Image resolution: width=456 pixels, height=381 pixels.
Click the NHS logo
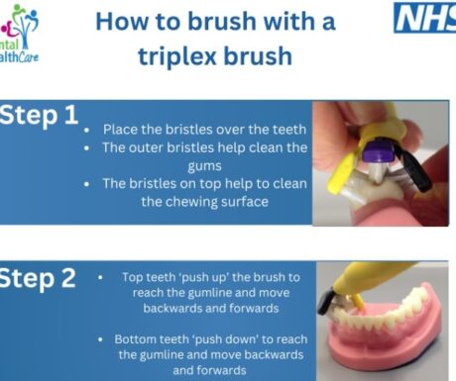[x=425, y=18]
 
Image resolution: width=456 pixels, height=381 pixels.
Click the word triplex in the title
[x=177, y=56]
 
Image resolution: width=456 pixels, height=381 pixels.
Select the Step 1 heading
[x=39, y=116]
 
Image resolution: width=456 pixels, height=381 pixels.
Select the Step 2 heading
[x=38, y=279]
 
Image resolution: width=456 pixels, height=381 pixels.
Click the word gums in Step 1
[x=204, y=166]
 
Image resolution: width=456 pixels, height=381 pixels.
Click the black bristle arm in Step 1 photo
[x=415, y=170]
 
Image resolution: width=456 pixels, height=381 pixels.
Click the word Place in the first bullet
[x=120, y=130]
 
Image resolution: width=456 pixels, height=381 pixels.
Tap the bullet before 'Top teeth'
[x=100, y=278]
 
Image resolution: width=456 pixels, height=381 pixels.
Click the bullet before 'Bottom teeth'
[x=100, y=339]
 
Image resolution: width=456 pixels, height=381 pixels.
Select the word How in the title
[x=122, y=22]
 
